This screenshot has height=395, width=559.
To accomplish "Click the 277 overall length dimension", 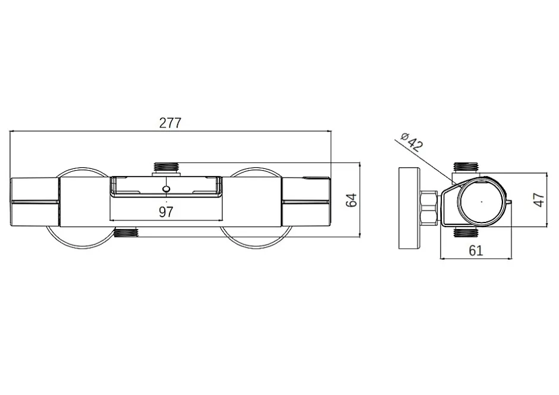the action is pyautogui.click(x=170, y=123).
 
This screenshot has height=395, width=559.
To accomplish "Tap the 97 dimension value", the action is pyautogui.click(x=166, y=212).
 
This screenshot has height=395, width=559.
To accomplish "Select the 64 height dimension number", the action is pyautogui.click(x=351, y=200).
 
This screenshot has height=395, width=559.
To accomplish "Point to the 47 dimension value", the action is pyautogui.click(x=539, y=199).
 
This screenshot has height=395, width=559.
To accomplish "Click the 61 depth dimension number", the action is pyautogui.click(x=476, y=250).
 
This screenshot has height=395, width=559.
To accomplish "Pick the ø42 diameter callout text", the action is pyautogui.click(x=412, y=142).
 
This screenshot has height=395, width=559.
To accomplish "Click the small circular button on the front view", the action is pyautogui.click(x=166, y=189).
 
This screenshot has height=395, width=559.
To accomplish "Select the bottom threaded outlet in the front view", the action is pyautogui.click(x=126, y=233).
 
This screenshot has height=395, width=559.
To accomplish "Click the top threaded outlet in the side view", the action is pyautogui.click(x=466, y=167).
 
